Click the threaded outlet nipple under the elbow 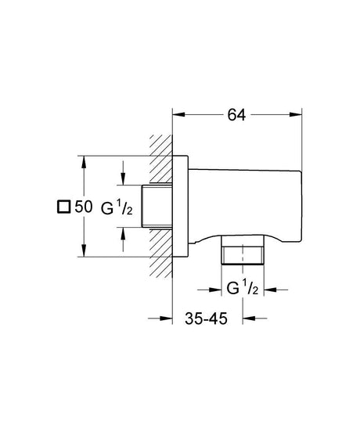tap(243, 253)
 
